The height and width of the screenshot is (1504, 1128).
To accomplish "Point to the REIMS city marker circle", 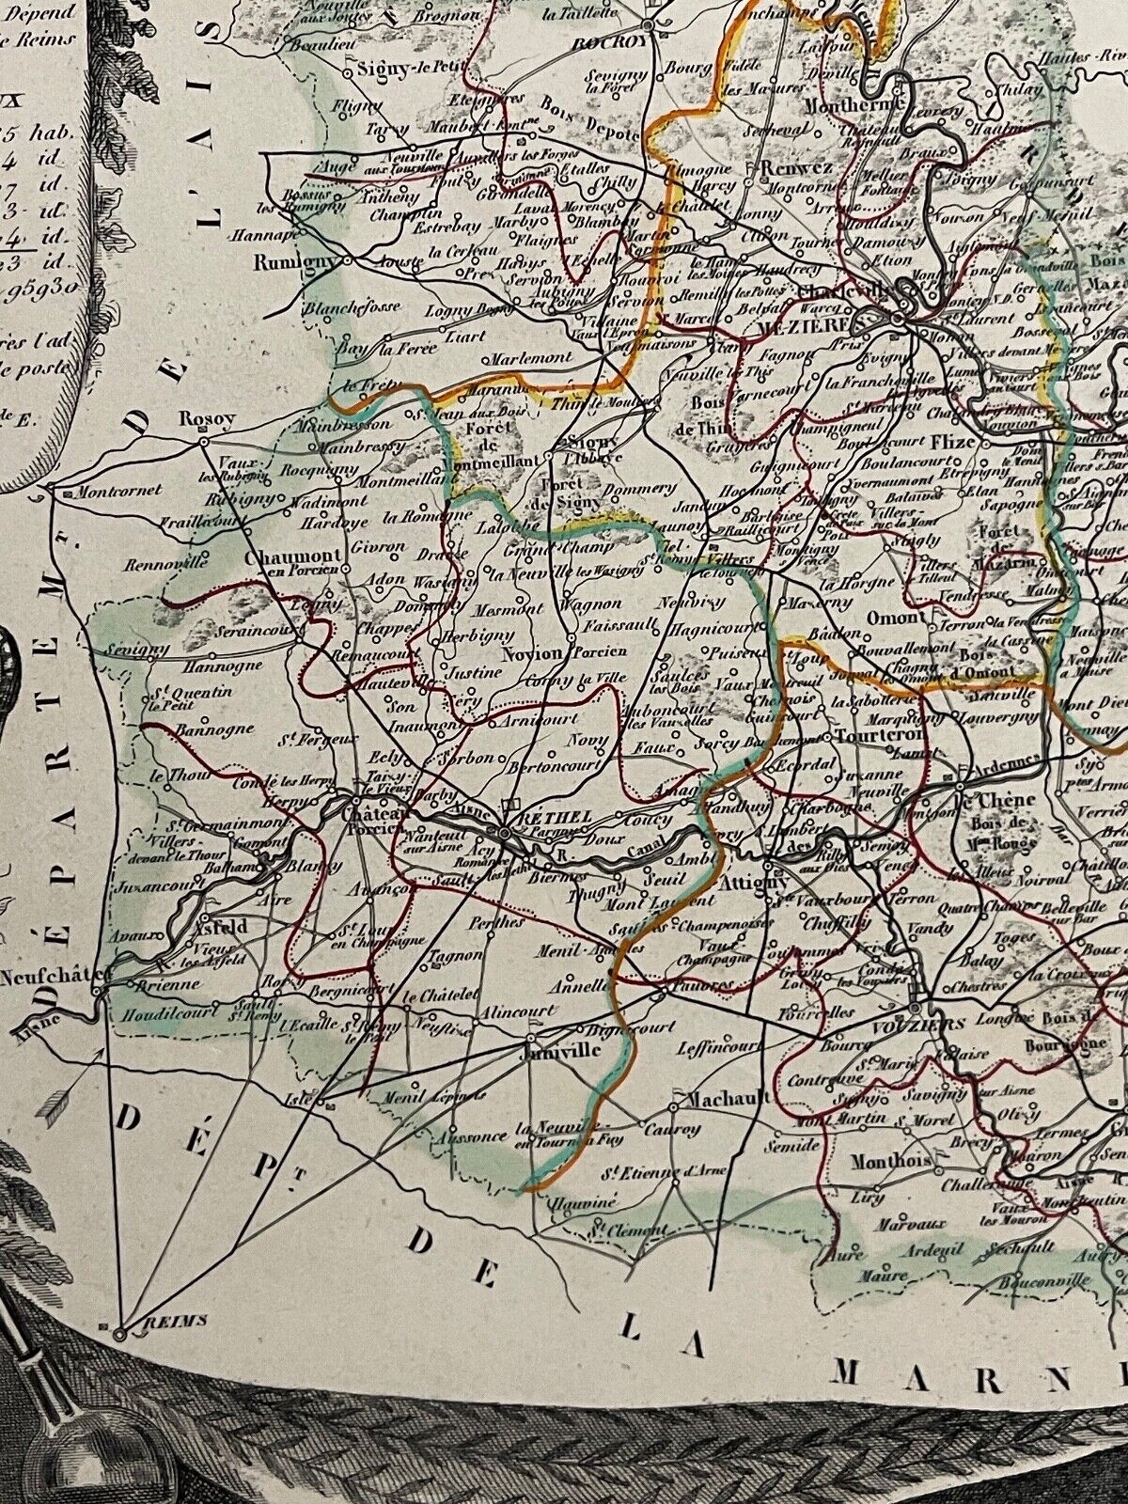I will coord(119,1333).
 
